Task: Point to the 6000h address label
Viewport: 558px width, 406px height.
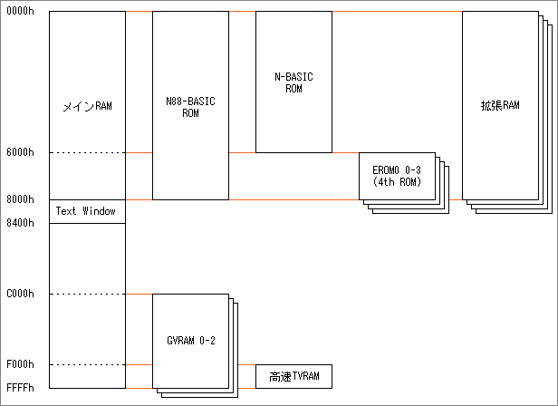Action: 19,152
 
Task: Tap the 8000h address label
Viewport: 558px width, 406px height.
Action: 19,199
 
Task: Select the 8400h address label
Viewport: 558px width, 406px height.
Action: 19,223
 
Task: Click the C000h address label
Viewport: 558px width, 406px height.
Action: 19,294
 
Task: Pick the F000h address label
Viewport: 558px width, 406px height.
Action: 19,364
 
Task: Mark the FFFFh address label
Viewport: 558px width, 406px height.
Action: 19,388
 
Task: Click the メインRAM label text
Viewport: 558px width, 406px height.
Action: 86,106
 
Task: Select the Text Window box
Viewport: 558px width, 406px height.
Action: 86,211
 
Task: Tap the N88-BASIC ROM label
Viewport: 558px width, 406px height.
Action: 190,107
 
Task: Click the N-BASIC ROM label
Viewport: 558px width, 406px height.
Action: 293,83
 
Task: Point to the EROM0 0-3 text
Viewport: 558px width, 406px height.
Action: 397,170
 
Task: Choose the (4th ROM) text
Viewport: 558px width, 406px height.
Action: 397,181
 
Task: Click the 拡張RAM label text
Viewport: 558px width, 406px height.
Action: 500,106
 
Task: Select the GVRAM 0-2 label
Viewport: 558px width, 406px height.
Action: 190,341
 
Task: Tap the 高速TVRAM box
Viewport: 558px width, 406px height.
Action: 294,376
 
